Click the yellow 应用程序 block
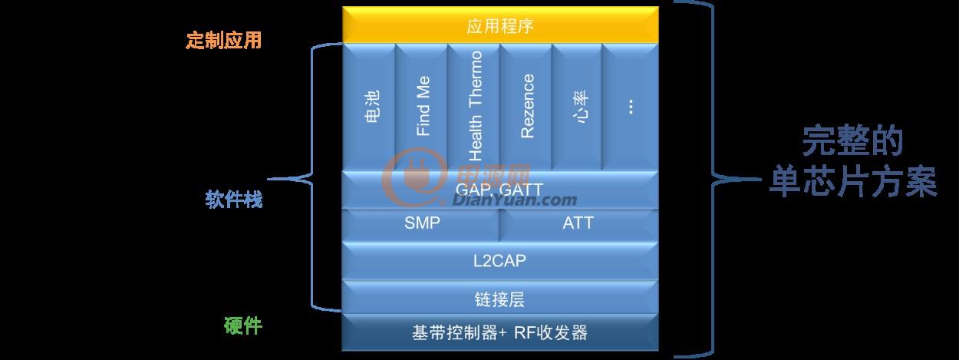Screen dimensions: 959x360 [x=500, y=25]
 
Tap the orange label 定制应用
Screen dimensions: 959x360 [x=223, y=40]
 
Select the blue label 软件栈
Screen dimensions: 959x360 [x=233, y=200]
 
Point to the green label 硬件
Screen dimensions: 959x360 [x=242, y=325]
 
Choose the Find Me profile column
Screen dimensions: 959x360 [x=421, y=107]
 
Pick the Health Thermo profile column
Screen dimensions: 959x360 [x=474, y=107]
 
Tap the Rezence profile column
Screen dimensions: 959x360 [x=526, y=107]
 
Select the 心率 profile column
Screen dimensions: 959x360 [x=578, y=107]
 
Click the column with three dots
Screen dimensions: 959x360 [x=631, y=107]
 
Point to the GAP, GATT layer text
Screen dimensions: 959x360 [x=499, y=190]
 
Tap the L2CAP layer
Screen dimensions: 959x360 [x=500, y=260]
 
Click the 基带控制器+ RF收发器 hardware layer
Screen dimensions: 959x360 [x=500, y=332]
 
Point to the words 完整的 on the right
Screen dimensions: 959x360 [x=852, y=141]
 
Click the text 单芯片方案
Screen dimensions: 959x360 [x=853, y=182]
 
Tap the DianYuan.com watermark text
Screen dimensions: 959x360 [x=515, y=200]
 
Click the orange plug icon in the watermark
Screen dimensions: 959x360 [x=414, y=177]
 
